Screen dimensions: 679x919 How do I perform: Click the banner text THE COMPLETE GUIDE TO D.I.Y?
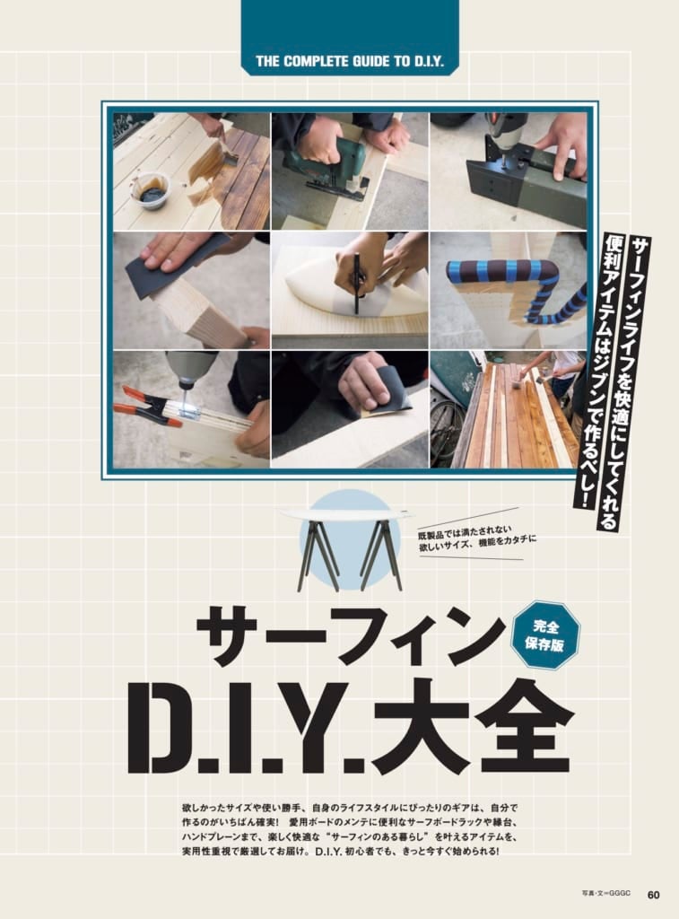point(350,62)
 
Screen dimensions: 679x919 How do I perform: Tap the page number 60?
point(653,895)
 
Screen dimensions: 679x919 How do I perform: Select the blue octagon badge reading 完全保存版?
point(544,635)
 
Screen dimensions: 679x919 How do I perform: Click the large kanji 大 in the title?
point(422,725)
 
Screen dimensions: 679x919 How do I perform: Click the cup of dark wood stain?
point(152,190)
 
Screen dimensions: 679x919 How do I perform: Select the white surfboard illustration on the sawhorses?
point(345,514)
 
